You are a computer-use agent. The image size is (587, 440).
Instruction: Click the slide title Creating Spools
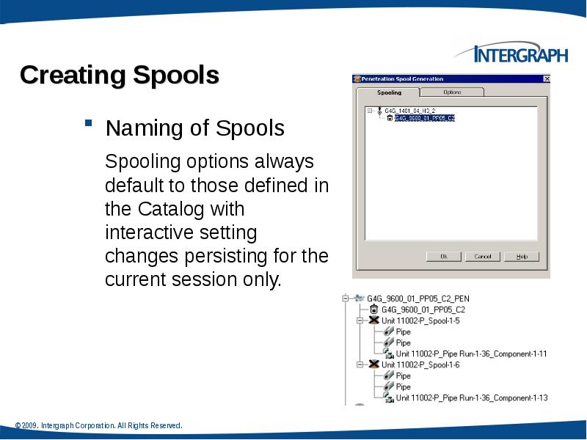pos(120,75)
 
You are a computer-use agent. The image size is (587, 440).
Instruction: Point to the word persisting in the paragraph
pos(241,257)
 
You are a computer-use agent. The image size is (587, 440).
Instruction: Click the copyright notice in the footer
pos(98,425)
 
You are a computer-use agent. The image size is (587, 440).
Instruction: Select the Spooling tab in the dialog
pos(389,92)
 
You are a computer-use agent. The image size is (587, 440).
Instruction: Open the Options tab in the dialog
pos(452,92)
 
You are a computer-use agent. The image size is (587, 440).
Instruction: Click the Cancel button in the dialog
pos(482,257)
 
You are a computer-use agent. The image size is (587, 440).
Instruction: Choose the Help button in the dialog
pos(522,257)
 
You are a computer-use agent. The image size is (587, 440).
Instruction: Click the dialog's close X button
pos(546,78)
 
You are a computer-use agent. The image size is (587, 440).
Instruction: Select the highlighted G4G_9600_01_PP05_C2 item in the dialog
pos(424,117)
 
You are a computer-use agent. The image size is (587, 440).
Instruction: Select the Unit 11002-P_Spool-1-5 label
pos(420,320)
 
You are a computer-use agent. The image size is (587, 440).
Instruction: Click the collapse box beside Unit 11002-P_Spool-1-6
pos(360,364)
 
